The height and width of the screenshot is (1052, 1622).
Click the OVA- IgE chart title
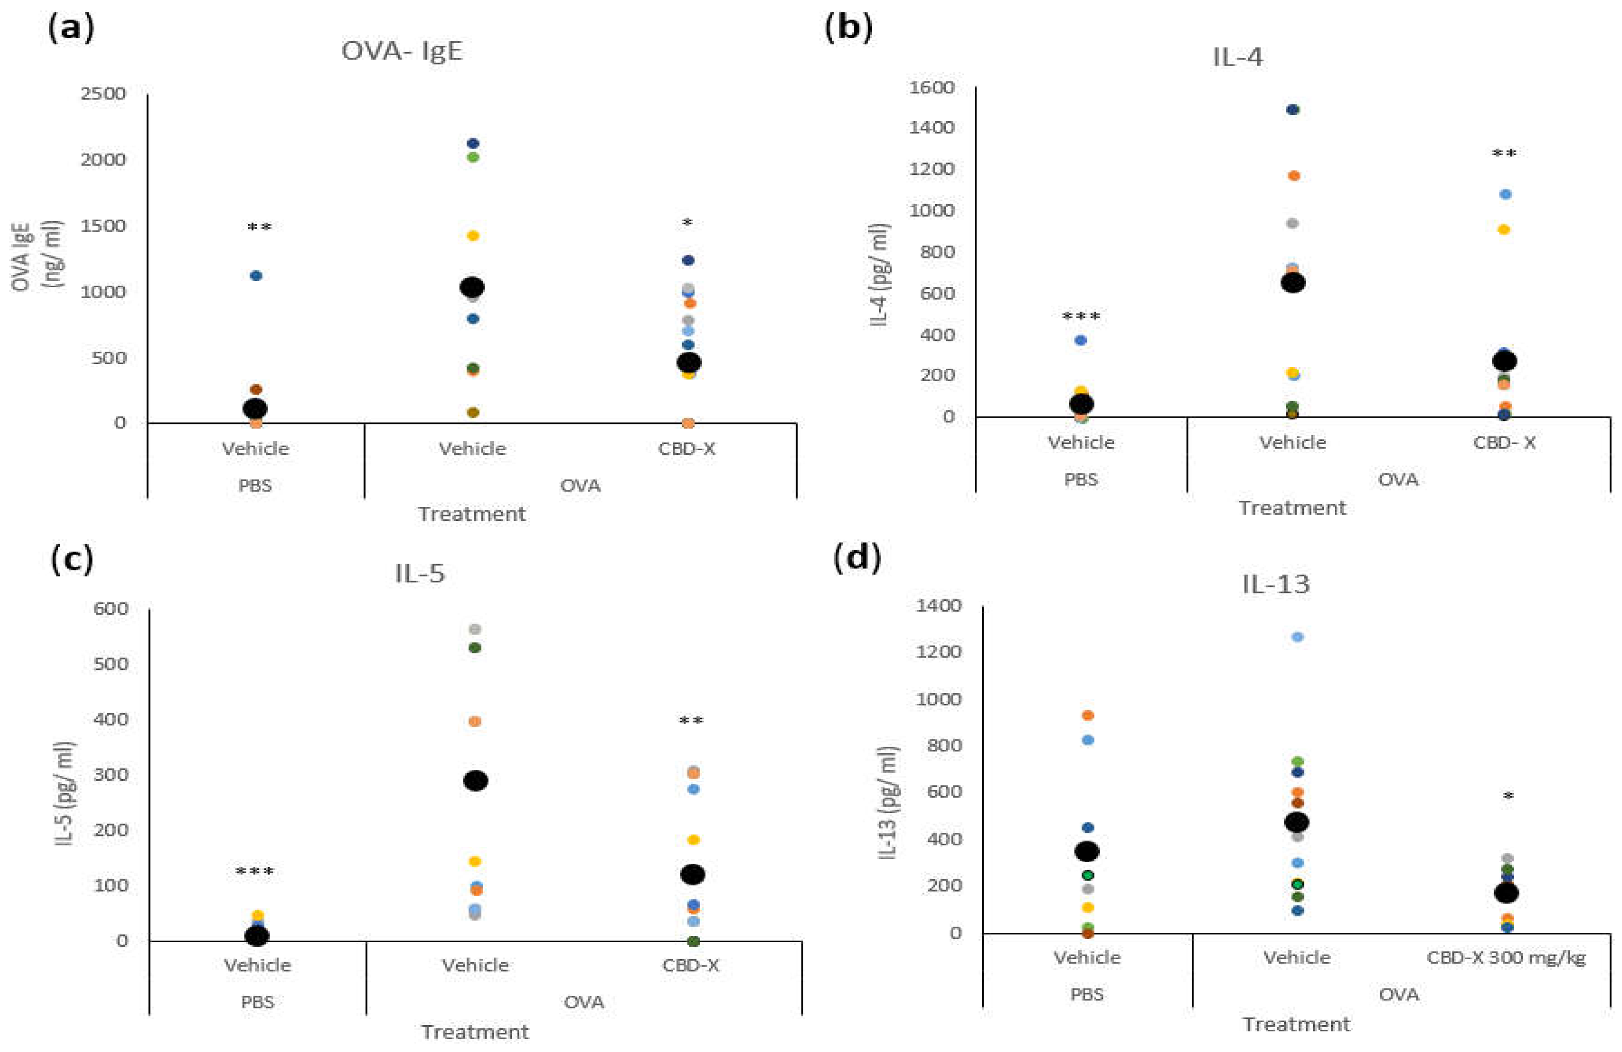coord(402,52)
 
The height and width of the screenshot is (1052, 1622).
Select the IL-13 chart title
coord(1276,584)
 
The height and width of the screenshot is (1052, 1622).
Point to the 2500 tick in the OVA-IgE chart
coord(103,93)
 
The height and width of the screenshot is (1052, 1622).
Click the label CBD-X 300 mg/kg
coord(1506,957)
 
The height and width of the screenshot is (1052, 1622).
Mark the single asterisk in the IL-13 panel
coord(1508,796)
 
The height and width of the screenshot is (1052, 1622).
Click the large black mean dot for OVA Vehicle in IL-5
coord(475,781)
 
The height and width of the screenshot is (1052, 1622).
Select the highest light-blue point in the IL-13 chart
coord(1297,637)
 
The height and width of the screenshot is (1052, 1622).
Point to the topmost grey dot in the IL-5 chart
coord(475,629)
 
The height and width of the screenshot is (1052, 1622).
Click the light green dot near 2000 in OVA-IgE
coord(472,157)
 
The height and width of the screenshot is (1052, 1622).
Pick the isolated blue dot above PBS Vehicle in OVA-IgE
coord(256,275)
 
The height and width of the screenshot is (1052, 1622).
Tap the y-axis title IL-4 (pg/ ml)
coord(881,275)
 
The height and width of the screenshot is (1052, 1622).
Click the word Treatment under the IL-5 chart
coord(474,1031)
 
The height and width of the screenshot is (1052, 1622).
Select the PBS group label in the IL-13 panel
coord(1086,994)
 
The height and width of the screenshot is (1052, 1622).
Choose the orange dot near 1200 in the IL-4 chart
coord(1294,176)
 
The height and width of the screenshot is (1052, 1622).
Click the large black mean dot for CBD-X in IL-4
coord(1504,360)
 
